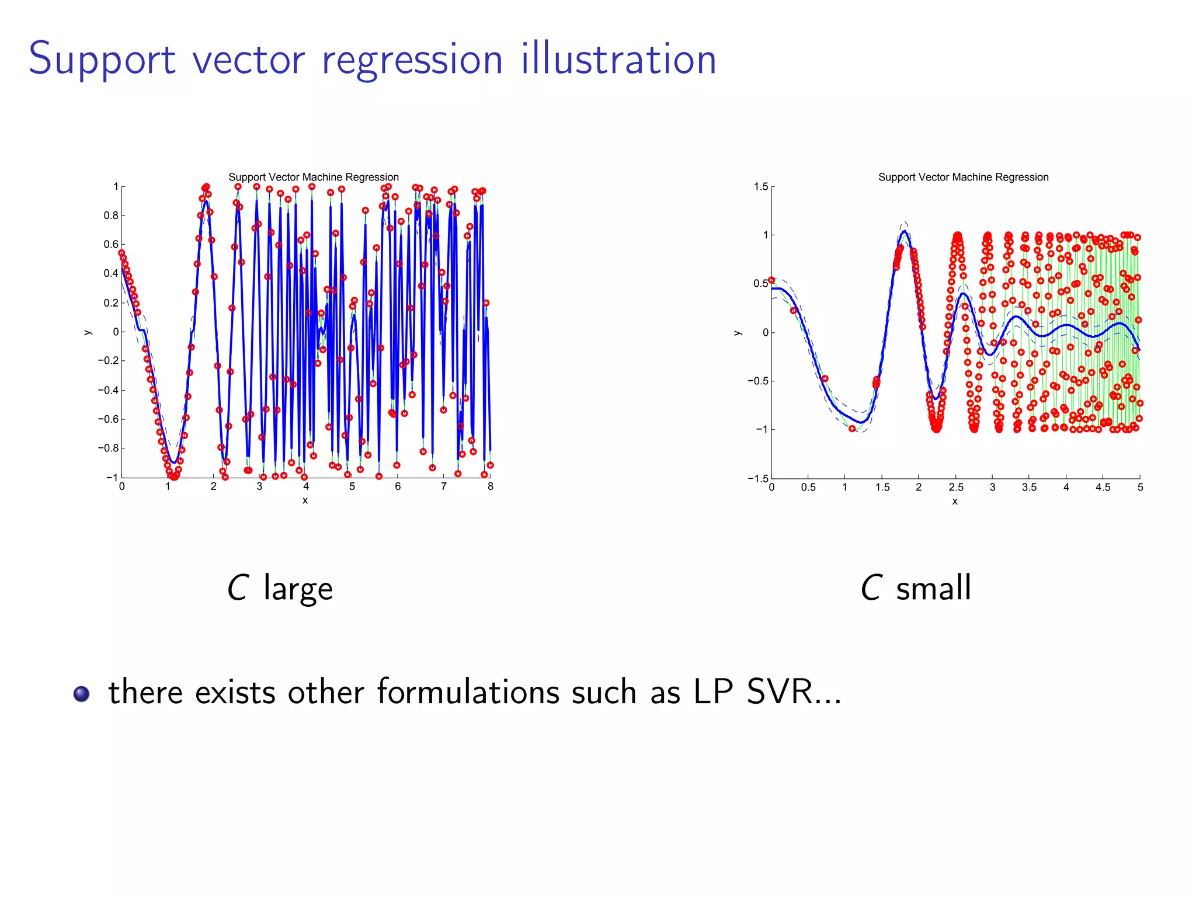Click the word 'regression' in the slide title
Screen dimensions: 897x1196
click(x=412, y=60)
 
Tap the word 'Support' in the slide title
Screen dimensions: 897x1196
click(x=102, y=60)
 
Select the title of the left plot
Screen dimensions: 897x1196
click(x=313, y=177)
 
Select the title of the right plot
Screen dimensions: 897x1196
click(x=963, y=177)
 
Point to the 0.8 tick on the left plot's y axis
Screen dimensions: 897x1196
click(x=111, y=215)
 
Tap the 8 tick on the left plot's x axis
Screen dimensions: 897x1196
click(x=490, y=486)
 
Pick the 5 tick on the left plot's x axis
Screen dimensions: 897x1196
click(x=352, y=486)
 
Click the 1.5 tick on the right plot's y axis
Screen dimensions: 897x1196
click(x=760, y=187)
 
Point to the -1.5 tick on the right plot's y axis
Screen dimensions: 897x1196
click(x=758, y=478)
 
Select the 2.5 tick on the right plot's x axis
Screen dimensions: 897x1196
click(x=956, y=488)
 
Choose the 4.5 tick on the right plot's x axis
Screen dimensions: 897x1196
click(x=1103, y=488)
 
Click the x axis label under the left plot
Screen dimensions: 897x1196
click(x=305, y=500)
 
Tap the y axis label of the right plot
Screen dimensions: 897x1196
click(x=738, y=333)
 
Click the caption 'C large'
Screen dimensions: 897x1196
click(x=280, y=587)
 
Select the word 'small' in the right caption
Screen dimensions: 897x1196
click(x=933, y=587)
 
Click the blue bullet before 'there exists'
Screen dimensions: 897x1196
click(x=82, y=694)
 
